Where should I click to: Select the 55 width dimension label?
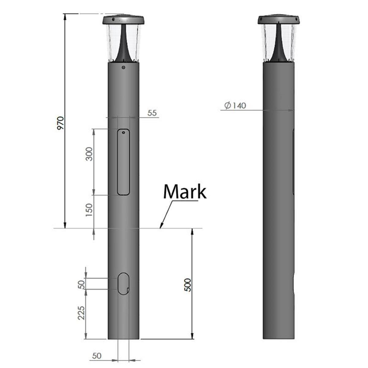coord(152,113)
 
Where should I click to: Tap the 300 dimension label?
coord(89,154)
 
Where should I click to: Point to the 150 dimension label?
coord(89,210)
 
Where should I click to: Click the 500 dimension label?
coord(188,285)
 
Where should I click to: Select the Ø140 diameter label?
coord(235,105)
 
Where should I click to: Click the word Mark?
coord(185,192)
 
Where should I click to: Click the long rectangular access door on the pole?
coord(123,162)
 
